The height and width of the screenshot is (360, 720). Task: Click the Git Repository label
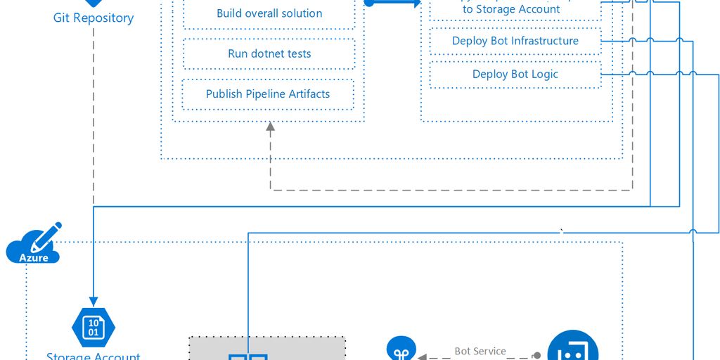click(x=94, y=18)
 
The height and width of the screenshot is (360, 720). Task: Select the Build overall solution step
click(x=269, y=13)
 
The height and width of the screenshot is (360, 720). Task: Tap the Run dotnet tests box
click(x=269, y=53)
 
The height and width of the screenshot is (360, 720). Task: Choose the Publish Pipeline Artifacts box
click(x=268, y=94)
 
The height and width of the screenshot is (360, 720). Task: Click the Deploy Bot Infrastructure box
click(x=515, y=41)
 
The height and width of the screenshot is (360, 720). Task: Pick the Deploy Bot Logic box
click(x=515, y=75)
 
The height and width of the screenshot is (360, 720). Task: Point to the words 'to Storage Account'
click(x=511, y=10)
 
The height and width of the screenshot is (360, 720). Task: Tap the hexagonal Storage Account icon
click(x=94, y=326)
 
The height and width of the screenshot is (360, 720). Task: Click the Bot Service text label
click(x=480, y=351)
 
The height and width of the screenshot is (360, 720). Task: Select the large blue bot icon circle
click(x=573, y=349)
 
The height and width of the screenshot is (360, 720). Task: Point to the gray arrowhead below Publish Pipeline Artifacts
click(x=270, y=127)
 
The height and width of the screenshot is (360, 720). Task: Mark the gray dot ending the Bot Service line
click(x=537, y=356)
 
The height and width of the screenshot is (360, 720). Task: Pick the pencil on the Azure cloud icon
click(x=50, y=233)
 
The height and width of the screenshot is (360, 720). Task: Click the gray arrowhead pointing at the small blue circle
click(x=422, y=356)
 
